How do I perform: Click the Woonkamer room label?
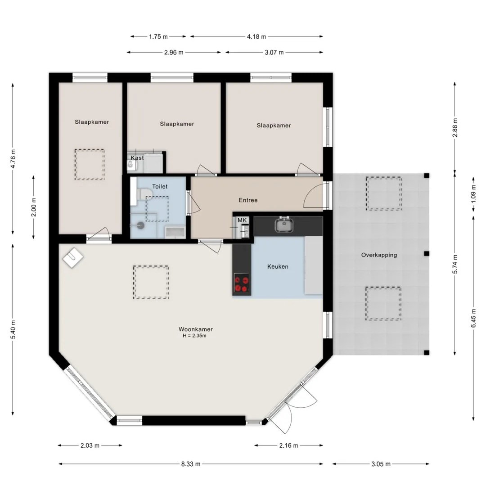tap(196, 329)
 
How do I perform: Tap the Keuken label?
tap(278, 266)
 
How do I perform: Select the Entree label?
tap(248, 200)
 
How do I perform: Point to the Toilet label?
tap(160, 187)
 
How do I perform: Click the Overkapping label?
tap(379, 255)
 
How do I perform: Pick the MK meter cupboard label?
tap(242, 220)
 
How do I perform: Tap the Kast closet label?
tap(137, 158)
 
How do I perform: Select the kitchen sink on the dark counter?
tap(284, 225)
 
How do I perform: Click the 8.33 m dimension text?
tap(191, 464)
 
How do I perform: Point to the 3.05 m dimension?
tap(381, 464)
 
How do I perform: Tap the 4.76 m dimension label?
tap(13, 159)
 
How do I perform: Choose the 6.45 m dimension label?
tap(473, 318)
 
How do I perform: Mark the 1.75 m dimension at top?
tap(158, 36)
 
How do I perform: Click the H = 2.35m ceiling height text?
tap(194, 336)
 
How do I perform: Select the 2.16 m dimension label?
tap(288, 445)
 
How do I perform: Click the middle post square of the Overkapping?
tap(427, 253)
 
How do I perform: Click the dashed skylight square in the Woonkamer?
tap(151, 282)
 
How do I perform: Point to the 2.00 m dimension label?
tap(33, 207)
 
